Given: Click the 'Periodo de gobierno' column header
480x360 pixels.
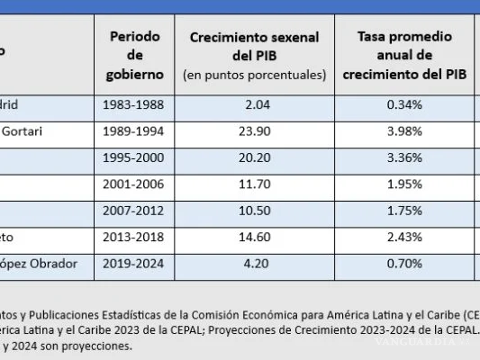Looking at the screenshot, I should tap(134, 55).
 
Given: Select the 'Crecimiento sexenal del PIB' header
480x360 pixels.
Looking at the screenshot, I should tap(254, 55).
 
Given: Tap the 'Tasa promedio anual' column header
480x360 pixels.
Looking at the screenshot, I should tap(404, 55).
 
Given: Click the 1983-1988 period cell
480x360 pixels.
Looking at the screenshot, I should tap(133, 105).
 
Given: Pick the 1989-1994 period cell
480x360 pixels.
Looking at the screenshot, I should tap(133, 131).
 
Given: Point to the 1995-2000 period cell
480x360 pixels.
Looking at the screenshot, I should tap(133, 158).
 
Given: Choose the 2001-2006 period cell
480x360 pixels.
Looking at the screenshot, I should tap(133, 184).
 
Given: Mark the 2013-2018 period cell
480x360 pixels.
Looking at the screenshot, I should tap(133, 237).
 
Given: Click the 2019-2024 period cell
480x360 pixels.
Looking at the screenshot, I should tap(133, 264).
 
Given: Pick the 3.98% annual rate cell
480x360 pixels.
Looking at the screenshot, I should tap(404, 131).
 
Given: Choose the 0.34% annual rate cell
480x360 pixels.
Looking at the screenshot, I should tap(404, 105).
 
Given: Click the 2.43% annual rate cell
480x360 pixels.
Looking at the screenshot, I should tap(404, 237).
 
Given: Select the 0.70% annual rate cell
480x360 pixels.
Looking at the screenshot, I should tap(404, 264).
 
